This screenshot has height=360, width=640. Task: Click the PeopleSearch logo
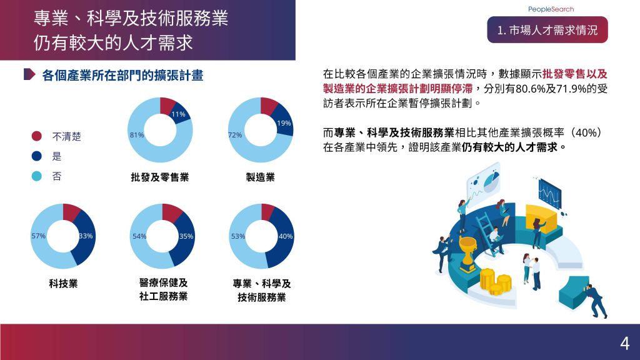551,9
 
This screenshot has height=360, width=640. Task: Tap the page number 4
624,344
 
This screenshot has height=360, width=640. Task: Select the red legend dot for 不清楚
37,136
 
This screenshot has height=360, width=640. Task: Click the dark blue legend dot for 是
37,156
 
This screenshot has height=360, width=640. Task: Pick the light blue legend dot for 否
37,176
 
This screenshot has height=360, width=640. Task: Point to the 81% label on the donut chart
137,135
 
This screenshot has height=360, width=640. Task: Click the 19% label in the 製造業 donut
284,123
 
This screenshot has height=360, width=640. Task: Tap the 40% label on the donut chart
286,236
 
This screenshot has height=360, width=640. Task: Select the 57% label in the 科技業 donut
38,236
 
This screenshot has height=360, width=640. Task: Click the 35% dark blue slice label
186,236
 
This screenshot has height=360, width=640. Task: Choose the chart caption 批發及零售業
160,177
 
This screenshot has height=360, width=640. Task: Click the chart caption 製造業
261,177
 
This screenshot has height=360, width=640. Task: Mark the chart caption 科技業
63,284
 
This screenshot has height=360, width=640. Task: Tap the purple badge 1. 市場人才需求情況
547,30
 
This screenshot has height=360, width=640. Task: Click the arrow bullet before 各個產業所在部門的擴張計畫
29,74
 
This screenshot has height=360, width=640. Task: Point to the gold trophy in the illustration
467,254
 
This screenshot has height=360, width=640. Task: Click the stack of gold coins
495,281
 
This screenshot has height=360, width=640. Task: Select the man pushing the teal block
596,300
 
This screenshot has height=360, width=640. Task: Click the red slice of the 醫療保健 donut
172,212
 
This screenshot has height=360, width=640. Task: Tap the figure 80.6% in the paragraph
530,89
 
